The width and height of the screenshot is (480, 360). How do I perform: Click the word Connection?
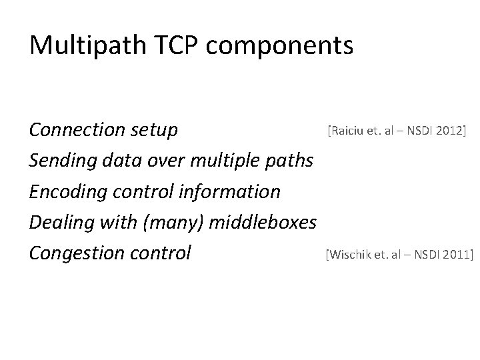point(77,131)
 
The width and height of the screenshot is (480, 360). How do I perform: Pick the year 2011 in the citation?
point(455,254)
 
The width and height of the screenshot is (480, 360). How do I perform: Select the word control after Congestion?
point(159,253)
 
